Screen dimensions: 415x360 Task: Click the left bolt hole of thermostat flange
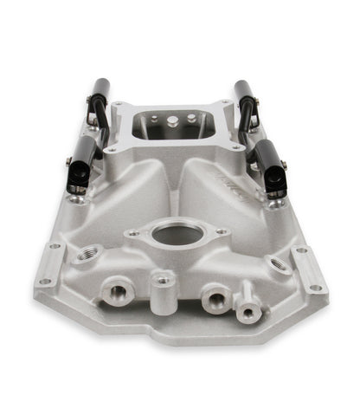[133, 232]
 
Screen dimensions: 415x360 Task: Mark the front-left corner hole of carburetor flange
[112, 151]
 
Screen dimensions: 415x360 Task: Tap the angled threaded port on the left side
[89, 254]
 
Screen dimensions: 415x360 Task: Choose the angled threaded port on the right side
[276, 263]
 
